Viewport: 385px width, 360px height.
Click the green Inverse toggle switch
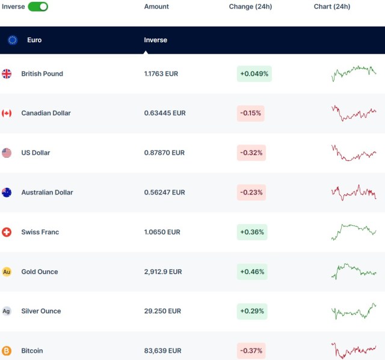click(x=38, y=7)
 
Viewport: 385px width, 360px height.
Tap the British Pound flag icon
click(x=7, y=74)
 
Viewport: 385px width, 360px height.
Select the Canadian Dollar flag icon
click(x=7, y=113)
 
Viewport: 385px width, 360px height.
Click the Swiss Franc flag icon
click(x=7, y=232)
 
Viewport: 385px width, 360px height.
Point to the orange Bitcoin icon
click(x=7, y=350)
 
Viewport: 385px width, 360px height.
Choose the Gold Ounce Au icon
click(x=7, y=272)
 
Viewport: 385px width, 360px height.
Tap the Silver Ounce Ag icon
click(x=7, y=311)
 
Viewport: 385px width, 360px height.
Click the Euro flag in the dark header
click(x=13, y=40)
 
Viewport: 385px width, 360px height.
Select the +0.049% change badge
click(x=254, y=74)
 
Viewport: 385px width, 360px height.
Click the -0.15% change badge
click(x=251, y=113)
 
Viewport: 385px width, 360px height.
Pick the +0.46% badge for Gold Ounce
click(x=252, y=272)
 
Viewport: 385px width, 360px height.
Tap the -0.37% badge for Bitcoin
click(x=251, y=350)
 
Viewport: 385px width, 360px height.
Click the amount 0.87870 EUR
click(x=164, y=153)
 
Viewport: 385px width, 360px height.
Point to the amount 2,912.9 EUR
click(x=163, y=272)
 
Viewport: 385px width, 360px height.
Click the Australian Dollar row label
click(x=47, y=193)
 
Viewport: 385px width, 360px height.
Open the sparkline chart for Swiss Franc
click(x=354, y=231)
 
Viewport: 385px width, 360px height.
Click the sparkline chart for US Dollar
click(x=354, y=153)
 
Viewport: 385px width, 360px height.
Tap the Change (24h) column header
click(x=250, y=7)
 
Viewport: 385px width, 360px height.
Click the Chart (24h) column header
click(x=332, y=7)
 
